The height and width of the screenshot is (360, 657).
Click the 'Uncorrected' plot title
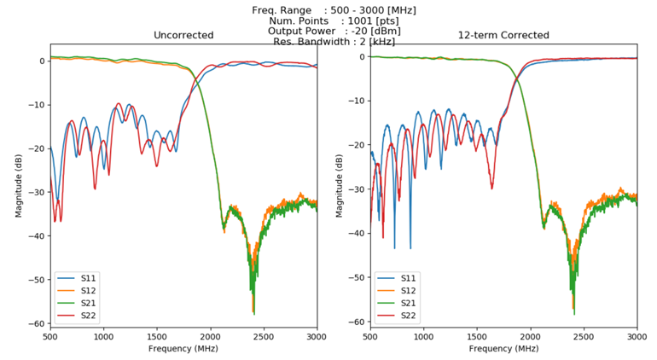point(183,35)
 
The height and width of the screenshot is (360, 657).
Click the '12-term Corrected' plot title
point(503,35)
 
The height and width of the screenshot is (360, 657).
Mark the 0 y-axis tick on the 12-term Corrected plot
point(362,57)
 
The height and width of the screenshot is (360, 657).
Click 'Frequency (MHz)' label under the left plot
point(183,349)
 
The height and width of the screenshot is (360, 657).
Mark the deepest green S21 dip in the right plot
point(573,313)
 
